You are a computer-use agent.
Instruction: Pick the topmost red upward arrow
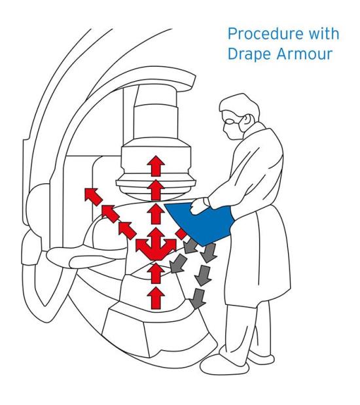tap(155, 164)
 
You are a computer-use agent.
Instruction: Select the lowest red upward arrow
tap(155, 298)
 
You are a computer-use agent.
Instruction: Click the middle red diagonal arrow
tap(109, 211)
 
